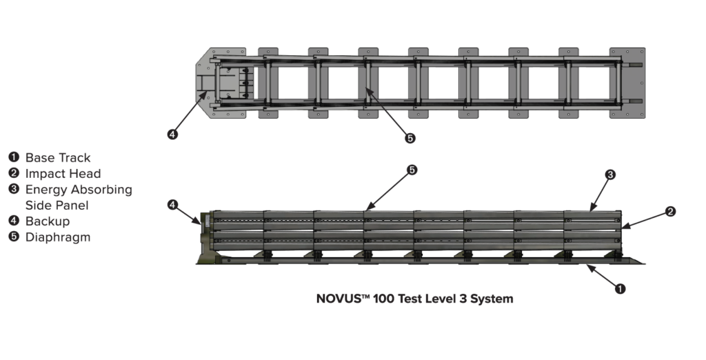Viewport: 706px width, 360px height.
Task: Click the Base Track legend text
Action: [x=58, y=158]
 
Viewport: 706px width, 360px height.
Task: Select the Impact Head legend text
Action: [x=63, y=174]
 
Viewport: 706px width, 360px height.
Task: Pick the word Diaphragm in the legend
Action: [x=57, y=237]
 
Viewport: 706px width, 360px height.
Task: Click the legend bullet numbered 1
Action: [x=14, y=158]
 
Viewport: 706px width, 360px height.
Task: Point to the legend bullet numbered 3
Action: [x=14, y=190]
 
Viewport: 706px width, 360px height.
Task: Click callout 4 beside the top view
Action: [x=172, y=134]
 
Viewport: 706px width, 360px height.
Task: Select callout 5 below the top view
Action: [x=410, y=138]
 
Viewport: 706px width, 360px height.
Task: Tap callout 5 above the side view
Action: [x=412, y=170]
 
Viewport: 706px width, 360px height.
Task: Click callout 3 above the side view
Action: [x=609, y=175]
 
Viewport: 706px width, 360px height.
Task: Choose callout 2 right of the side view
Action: [x=670, y=212]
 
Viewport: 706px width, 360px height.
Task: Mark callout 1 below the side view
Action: [x=620, y=289]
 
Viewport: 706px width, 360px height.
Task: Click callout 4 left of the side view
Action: [x=173, y=204]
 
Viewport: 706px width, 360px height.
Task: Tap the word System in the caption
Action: [x=492, y=299]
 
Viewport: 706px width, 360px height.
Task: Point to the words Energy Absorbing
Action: [x=79, y=190]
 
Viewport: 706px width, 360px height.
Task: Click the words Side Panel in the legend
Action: [x=57, y=206]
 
